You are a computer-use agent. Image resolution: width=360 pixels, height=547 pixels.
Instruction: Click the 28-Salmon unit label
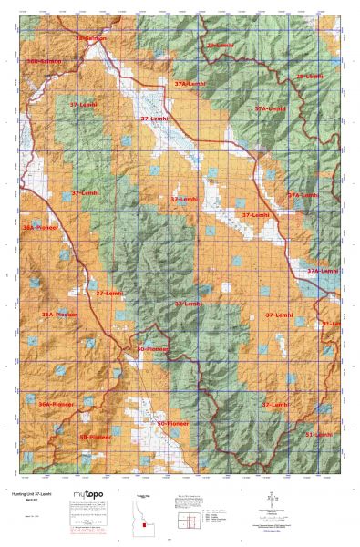tap(90, 38)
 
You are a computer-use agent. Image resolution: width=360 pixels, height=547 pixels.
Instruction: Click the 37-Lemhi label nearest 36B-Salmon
tap(83, 107)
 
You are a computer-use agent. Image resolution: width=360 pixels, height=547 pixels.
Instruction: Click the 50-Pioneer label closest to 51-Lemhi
tap(173, 424)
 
